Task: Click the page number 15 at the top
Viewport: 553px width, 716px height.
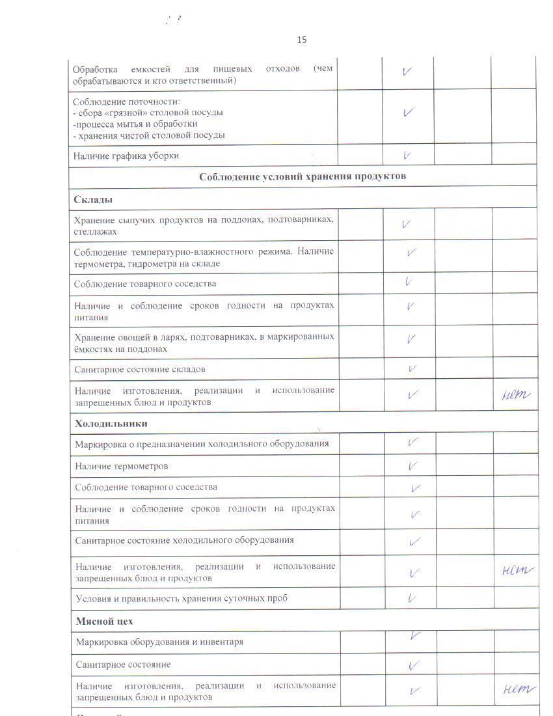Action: pyautogui.click(x=302, y=40)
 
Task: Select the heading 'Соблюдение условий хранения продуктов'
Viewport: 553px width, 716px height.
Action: pyautogui.click(x=303, y=176)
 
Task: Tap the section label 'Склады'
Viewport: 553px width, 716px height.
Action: pyautogui.click(x=89, y=199)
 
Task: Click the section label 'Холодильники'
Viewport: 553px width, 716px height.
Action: pyautogui.click(x=111, y=424)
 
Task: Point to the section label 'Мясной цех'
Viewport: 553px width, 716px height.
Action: pyautogui.click(x=104, y=621)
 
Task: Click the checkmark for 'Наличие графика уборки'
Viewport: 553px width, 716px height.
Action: pyautogui.click(x=407, y=156)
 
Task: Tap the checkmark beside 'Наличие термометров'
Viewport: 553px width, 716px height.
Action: pyautogui.click(x=412, y=466)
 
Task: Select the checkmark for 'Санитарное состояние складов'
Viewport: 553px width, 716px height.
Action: pyautogui.click(x=412, y=369)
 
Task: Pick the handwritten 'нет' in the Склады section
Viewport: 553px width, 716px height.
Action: pyautogui.click(x=516, y=394)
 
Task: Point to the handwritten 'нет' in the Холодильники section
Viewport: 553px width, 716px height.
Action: pyautogui.click(x=517, y=571)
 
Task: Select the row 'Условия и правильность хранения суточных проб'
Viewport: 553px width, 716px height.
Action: pyautogui.click(x=182, y=598)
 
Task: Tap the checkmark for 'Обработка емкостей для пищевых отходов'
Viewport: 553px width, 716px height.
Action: pyautogui.click(x=407, y=72)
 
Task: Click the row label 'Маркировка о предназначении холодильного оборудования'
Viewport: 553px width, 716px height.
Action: pyautogui.click(x=202, y=445)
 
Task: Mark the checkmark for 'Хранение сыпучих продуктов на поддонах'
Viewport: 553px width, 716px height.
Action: pyautogui.click(x=406, y=224)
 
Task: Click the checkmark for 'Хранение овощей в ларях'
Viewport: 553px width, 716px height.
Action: pyautogui.click(x=411, y=339)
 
